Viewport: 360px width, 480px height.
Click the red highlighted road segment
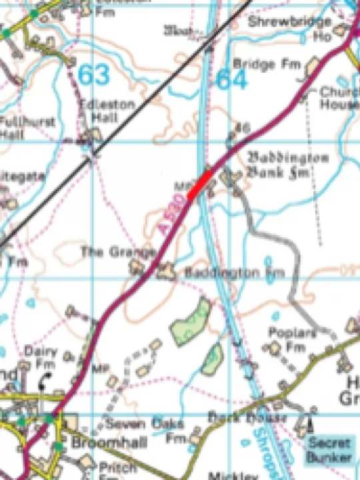point(199,184)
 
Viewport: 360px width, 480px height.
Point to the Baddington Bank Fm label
point(288,163)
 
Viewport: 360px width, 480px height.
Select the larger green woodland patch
point(191,321)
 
